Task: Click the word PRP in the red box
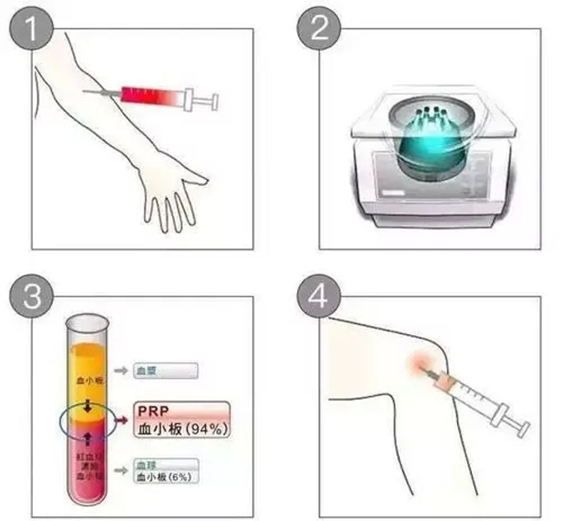(x=152, y=411)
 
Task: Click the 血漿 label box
(x=165, y=370)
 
